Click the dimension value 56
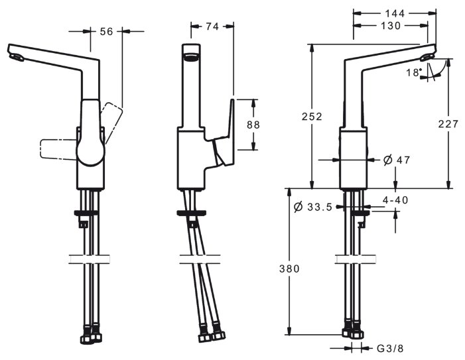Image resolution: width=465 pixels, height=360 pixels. (x=106, y=31)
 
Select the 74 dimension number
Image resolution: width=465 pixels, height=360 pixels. (x=212, y=27)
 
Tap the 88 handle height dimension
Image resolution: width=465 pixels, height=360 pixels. (x=253, y=125)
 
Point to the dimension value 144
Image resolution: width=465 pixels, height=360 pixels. (x=395, y=13)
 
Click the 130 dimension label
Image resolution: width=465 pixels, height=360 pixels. (x=391, y=26)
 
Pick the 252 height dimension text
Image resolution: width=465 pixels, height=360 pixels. (x=312, y=117)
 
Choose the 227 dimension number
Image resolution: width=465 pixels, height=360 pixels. (x=448, y=124)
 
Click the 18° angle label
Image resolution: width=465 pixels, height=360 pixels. (x=414, y=72)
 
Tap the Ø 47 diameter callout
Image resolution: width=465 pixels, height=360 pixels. (x=397, y=160)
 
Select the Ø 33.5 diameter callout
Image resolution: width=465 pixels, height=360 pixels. (x=313, y=207)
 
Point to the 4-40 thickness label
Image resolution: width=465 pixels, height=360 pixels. (x=395, y=200)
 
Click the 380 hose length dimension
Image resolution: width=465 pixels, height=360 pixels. (x=289, y=269)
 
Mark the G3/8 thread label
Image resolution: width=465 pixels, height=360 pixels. (x=390, y=349)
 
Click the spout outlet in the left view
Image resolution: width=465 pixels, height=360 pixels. (x=16, y=58)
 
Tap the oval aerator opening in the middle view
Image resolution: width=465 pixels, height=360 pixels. (x=191, y=56)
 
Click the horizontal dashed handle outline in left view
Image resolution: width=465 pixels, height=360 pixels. (x=58, y=149)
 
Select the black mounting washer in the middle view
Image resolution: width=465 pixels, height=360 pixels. (x=192, y=213)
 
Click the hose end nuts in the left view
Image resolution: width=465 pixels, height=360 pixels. (x=91, y=337)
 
